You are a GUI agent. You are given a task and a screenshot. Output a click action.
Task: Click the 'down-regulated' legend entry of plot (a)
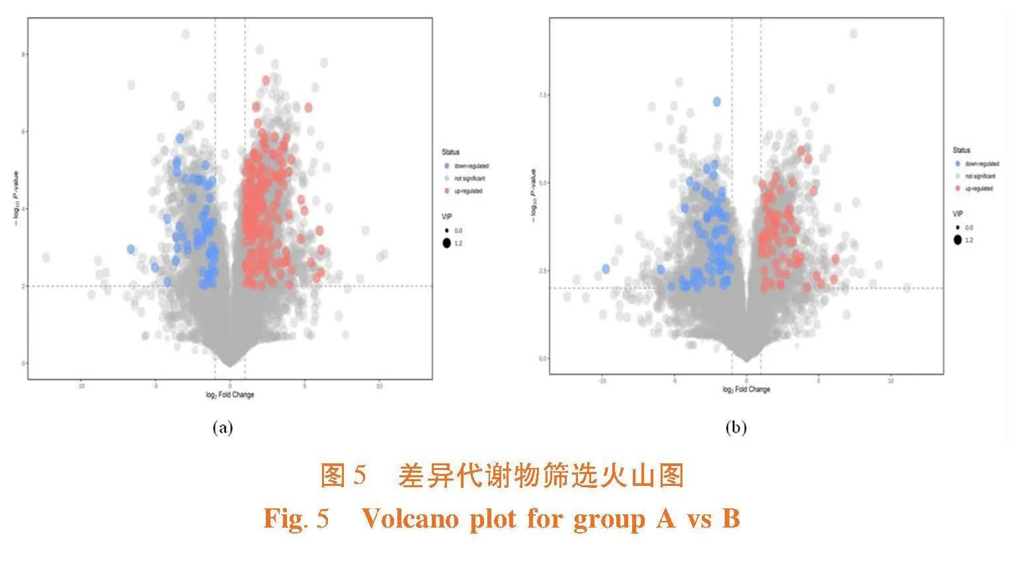pyautogui.click(x=471, y=166)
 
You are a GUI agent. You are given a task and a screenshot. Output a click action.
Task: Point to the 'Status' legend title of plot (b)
pyautogui.click(x=961, y=150)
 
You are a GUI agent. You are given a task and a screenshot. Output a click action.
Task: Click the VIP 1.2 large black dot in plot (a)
pyautogui.click(x=447, y=243)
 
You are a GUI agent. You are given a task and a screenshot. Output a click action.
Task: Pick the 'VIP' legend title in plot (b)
pyautogui.click(x=958, y=214)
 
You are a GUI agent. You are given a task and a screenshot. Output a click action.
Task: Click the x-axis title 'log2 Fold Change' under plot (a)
pyautogui.click(x=230, y=395)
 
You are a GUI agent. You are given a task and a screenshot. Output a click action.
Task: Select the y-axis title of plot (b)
pyautogui.click(x=533, y=195)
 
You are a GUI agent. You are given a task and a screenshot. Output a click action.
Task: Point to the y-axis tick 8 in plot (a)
pyautogui.click(x=23, y=54)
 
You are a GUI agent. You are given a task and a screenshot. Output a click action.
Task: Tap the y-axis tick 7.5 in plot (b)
pyautogui.click(x=542, y=95)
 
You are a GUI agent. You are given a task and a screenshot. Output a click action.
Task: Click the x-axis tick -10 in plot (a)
pyautogui.click(x=81, y=386)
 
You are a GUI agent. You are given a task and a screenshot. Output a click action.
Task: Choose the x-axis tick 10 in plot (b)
pyautogui.click(x=891, y=381)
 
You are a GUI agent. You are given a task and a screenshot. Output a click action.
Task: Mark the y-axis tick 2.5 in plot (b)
pyautogui.click(x=542, y=271)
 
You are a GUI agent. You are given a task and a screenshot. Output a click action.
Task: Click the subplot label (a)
pyautogui.click(x=222, y=428)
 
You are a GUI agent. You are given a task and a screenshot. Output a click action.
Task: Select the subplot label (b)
pyautogui.click(x=735, y=428)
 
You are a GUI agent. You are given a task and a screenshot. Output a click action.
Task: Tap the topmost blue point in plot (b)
pyautogui.click(x=717, y=101)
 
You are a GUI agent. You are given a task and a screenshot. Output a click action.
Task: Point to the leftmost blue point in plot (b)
pyautogui.click(x=606, y=269)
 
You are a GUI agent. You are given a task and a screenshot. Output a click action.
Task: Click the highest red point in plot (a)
pyautogui.click(x=266, y=80)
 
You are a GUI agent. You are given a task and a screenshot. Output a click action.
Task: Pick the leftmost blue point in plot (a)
pyautogui.click(x=131, y=249)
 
